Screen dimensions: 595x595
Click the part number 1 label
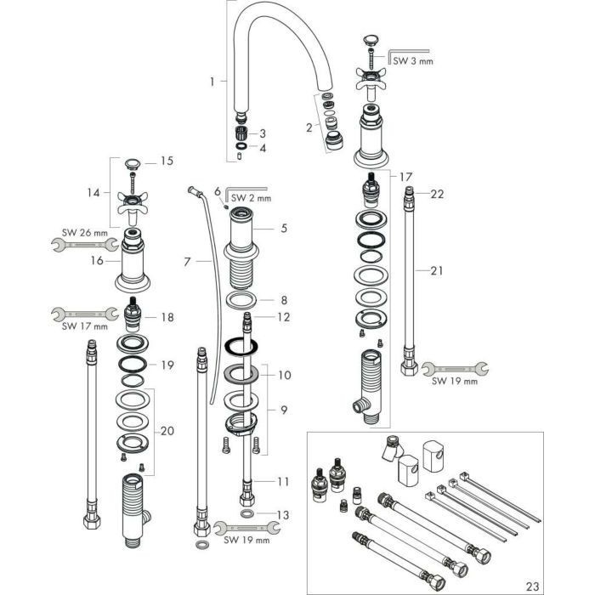212,82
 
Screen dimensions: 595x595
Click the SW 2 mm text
248,198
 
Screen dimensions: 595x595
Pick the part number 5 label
285,228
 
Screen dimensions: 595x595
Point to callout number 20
167,431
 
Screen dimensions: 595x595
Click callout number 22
437,195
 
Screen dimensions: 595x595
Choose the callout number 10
284,374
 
